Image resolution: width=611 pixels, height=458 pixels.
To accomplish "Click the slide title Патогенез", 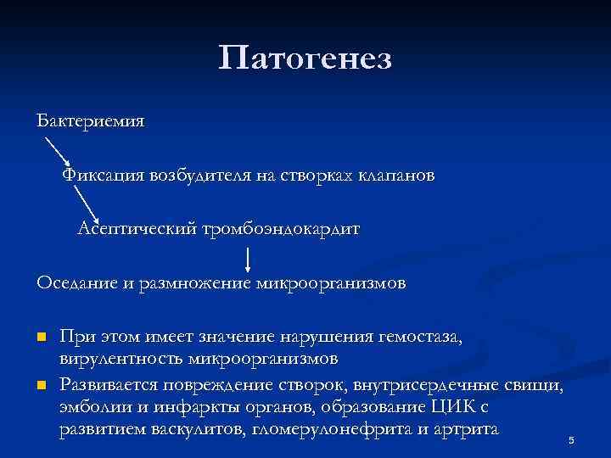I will (x=305, y=59).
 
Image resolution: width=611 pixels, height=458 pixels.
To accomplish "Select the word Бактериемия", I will (x=91, y=120).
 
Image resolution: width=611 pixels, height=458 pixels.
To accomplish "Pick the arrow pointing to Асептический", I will (x=88, y=204).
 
